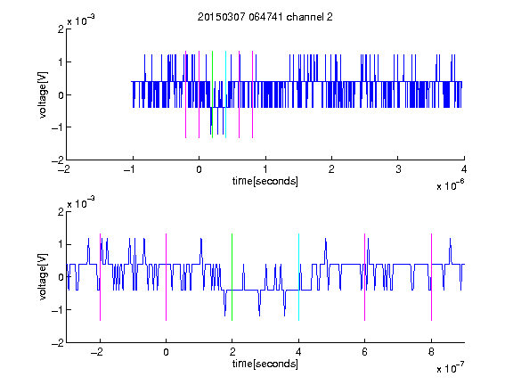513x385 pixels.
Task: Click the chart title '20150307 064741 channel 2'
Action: [265, 17]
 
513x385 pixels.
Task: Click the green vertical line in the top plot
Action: [212, 94]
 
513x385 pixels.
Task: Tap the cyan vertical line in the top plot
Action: [225, 94]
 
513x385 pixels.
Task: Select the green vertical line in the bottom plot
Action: [232, 277]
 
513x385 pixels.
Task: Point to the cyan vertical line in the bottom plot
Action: [298, 277]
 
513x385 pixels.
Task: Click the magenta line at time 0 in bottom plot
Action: [167, 277]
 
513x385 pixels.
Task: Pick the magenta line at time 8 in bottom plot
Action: [432, 277]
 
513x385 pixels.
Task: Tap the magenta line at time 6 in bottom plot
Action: [365, 277]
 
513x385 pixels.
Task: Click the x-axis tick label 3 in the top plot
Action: [398, 169]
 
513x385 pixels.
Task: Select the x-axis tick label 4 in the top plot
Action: [464, 169]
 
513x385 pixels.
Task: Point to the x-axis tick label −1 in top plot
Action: [130, 169]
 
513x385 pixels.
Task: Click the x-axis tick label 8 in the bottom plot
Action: [431, 352]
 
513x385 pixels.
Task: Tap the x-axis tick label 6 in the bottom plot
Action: [365, 352]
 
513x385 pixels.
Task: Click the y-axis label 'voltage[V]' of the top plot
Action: [43, 94]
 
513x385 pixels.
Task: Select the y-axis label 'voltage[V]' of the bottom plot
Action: [43, 277]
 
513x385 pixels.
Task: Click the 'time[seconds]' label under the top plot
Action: [265, 181]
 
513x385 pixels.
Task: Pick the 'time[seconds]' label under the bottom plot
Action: [265, 364]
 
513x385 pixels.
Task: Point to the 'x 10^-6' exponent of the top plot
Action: [450, 185]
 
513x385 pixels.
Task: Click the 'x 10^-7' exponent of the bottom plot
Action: [450, 368]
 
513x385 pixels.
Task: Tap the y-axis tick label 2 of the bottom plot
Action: [61, 211]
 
